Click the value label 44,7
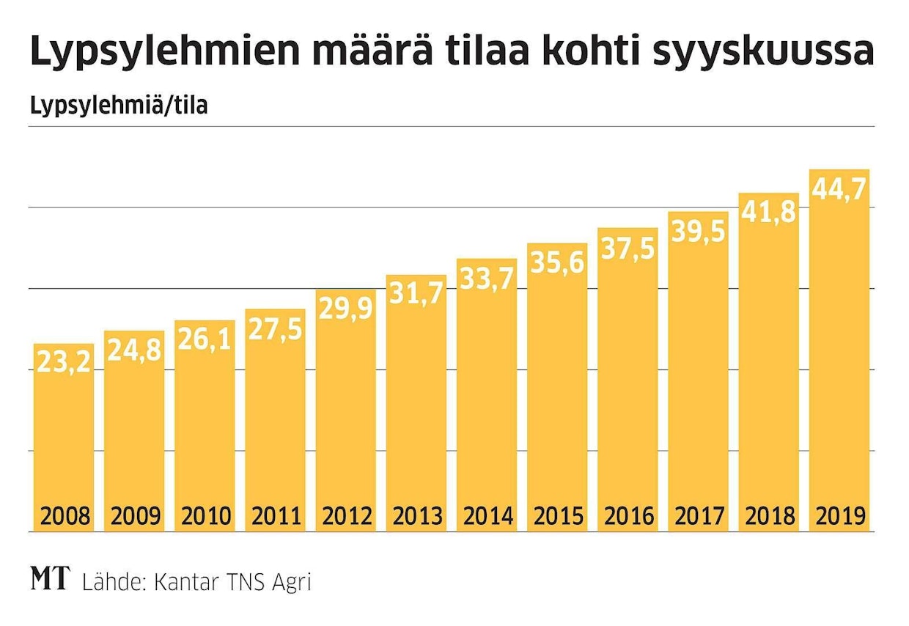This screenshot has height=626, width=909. tap(840, 191)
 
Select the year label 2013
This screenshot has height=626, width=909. tap(416, 516)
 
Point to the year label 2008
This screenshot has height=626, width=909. tap(64, 516)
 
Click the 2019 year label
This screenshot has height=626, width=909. tap(840, 516)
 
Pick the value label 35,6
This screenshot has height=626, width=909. tap(557, 263)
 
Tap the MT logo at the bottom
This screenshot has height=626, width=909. tap(50, 580)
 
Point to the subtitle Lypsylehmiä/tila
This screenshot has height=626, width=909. tap(119, 107)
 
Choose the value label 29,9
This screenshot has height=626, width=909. tap(345, 309)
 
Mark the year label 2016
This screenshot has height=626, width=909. tap(628, 516)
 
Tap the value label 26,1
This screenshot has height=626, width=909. tap(205, 342)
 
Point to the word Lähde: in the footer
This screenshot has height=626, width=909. tap(111, 583)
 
